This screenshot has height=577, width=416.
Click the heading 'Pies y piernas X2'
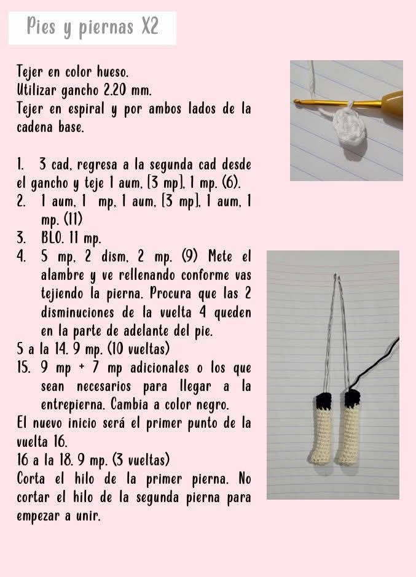(x=92, y=28)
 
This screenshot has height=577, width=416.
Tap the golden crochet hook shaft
(x=332, y=103)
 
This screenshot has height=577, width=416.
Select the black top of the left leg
(x=323, y=400)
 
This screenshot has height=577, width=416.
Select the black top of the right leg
(x=352, y=399)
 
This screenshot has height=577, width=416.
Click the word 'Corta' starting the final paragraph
(x=34, y=478)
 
